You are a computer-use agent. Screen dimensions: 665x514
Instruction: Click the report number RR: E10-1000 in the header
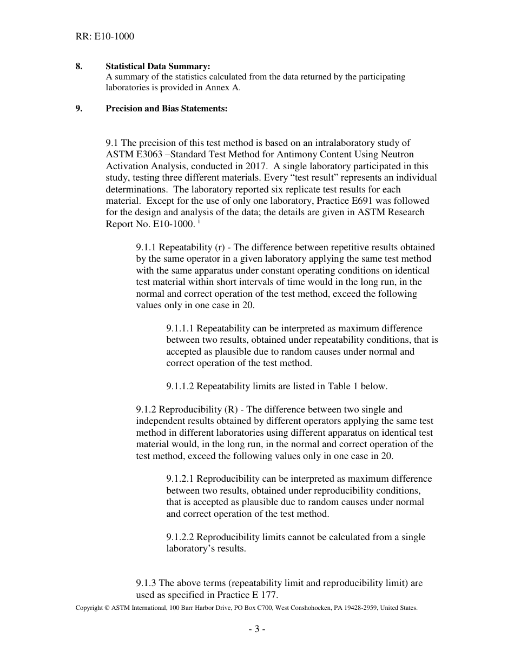[x=105, y=37]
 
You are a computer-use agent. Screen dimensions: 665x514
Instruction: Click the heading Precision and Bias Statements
[x=166, y=109]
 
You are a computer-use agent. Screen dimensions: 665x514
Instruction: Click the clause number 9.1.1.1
[x=184, y=329]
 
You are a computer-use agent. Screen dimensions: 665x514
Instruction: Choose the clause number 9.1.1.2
[x=184, y=387]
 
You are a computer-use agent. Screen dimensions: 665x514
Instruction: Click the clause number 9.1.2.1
[x=184, y=479]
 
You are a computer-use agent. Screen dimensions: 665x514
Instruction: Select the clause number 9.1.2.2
[x=184, y=537]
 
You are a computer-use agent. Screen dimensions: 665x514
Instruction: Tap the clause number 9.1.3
[x=149, y=583]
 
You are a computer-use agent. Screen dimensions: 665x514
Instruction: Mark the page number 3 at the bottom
[x=257, y=629]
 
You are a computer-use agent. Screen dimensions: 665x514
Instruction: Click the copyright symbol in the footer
[x=107, y=608]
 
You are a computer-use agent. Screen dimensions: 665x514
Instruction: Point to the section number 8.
[x=79, y=66]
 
